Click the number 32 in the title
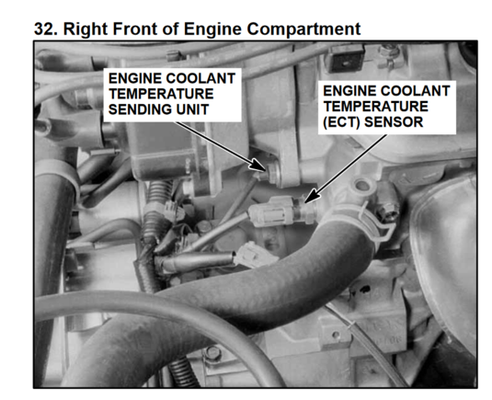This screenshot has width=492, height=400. (44, 29)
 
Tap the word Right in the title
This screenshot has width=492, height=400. (86, 30)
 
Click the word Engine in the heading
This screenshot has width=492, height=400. (212, 30)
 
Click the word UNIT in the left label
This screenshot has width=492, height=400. (192, 109)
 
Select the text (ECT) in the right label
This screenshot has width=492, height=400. (341, 122)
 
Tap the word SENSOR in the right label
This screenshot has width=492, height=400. (394, 122)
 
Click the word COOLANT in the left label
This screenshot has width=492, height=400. (201, 78)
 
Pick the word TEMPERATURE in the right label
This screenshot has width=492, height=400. (375, 107)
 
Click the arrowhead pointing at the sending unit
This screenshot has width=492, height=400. (259, 165)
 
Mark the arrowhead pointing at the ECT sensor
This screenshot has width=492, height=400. (312, 197)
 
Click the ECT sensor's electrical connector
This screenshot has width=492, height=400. (271, 211)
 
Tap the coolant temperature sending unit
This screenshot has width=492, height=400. (272, 173)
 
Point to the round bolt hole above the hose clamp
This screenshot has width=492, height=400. (362, 185)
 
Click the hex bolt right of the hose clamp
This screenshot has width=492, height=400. (388, 208)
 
